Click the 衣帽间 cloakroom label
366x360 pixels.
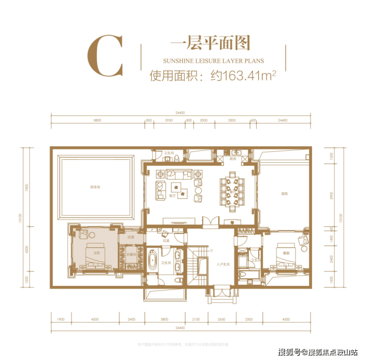point(131,254)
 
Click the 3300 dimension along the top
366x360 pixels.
point(231,120)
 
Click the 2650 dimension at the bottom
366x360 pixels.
point(221,318)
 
